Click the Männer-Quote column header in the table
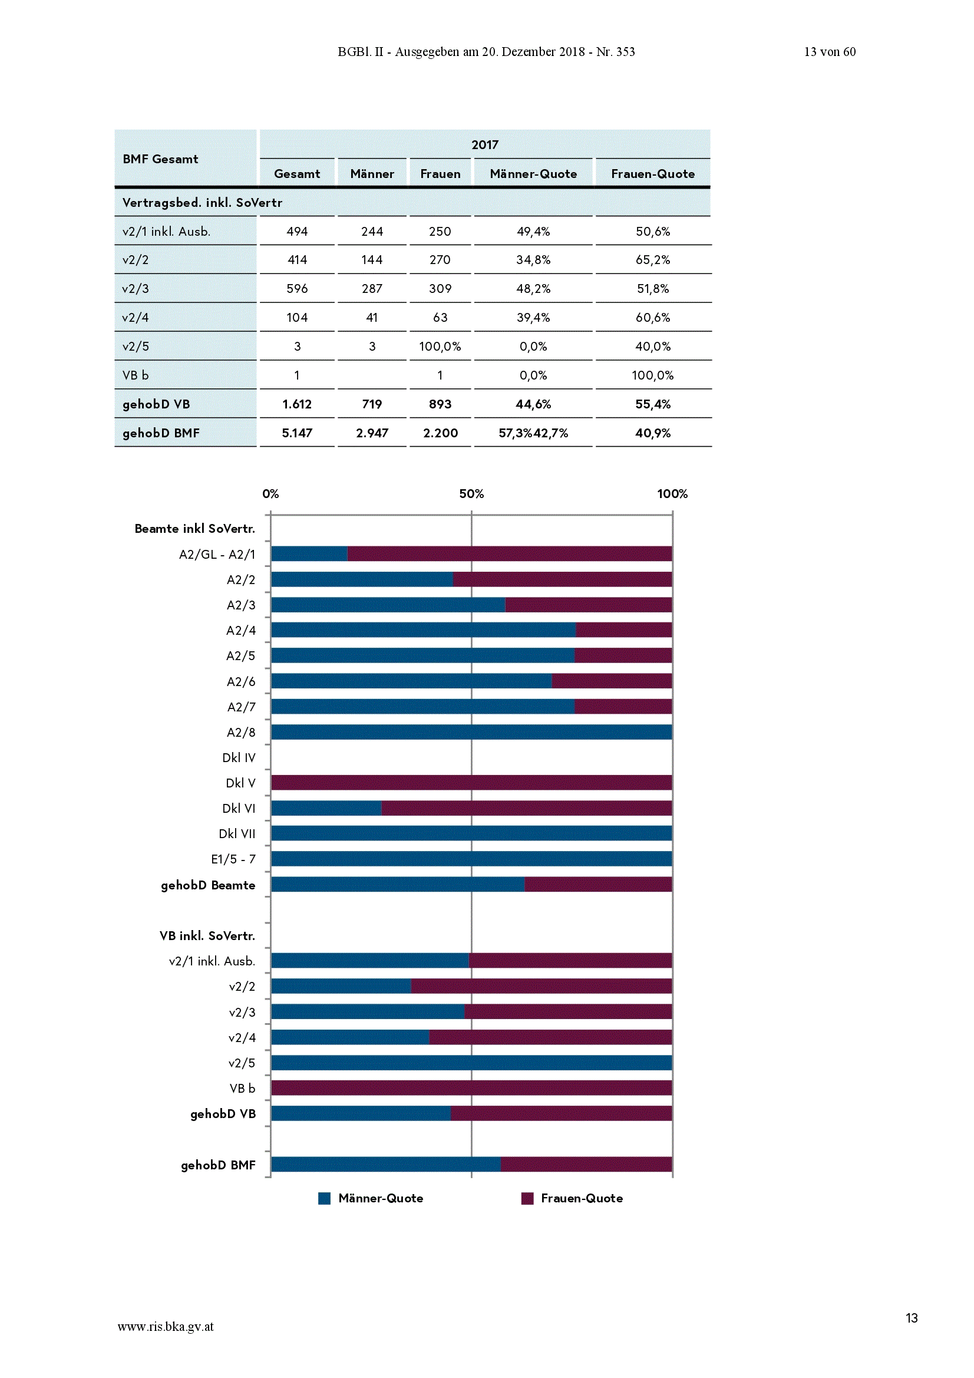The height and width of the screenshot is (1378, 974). (x=533, y=174)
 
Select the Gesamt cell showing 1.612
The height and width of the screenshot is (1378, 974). (x=296, y=404)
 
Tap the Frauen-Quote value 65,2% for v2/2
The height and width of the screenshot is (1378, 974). (x=653, y=260)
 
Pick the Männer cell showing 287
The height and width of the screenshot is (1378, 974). (x=372, y=289)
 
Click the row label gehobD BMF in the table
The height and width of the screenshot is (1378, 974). (x=161, y=433)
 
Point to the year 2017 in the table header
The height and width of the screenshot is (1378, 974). (x=485, y=144)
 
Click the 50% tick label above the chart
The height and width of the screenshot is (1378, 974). (x=471, y=494)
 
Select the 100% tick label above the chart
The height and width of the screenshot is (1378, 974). (x=672, y=494)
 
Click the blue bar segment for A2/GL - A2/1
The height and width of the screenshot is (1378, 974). (x=309, y=553)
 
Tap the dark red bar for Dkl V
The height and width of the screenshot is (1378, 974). (x=471, y=783)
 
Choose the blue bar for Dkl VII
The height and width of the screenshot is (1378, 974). (x=471, y=833)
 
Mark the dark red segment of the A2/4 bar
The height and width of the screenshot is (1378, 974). (x=623, y=629)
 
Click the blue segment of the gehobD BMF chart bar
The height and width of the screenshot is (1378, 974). (x=386, y=1164)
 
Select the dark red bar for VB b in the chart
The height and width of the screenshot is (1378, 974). (x=471, y=1088)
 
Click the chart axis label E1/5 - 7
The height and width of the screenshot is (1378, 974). (x=233, y=859)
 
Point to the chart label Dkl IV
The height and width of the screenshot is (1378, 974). (x=238, y=758)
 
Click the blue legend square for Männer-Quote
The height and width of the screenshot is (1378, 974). (x=324, y=1199)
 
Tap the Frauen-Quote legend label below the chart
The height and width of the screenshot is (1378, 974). (x=582, y=1199)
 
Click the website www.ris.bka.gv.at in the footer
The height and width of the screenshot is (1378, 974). (x=166, y=1327)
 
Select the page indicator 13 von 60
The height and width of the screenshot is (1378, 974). (x=830, y=52)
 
